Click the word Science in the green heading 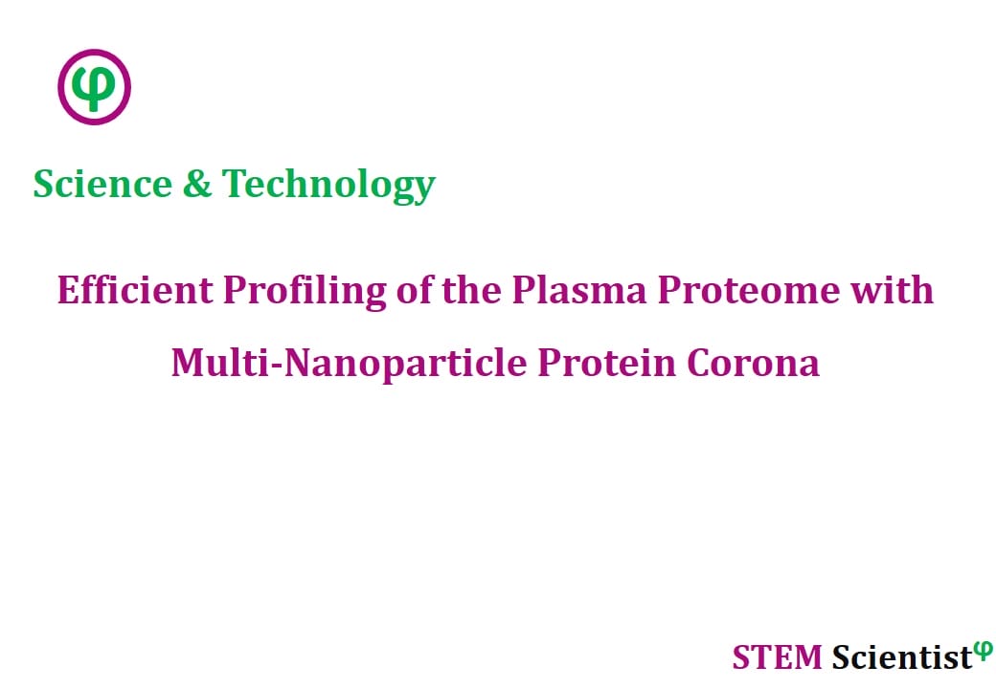102,184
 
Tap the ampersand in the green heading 197,184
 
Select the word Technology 328,186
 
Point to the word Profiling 305,292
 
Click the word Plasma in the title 579,290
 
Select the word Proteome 748,292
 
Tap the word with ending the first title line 892,290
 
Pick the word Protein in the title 606,364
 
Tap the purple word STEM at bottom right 777,657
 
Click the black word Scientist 901,657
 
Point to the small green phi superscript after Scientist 982,651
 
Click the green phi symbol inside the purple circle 94,88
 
